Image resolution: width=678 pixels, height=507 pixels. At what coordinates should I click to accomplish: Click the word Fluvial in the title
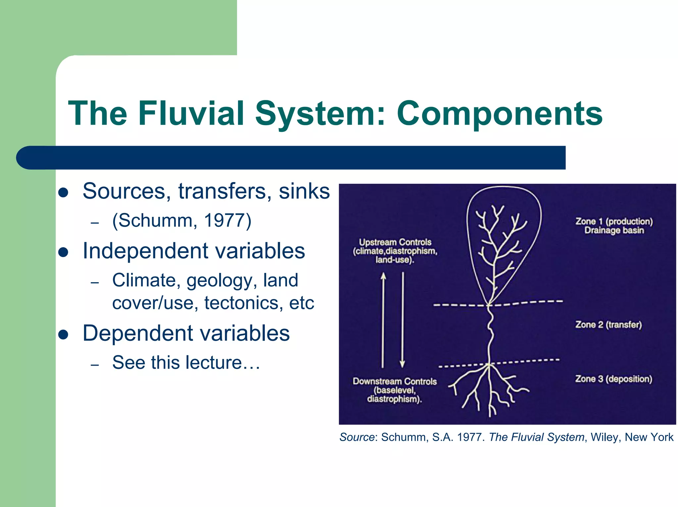point(191,113)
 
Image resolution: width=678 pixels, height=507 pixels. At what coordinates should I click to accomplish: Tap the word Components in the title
point(500,113)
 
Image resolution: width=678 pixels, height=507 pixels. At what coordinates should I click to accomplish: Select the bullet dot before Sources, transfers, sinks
point(63,192)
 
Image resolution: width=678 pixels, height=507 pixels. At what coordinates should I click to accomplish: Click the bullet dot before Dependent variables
point(63,334)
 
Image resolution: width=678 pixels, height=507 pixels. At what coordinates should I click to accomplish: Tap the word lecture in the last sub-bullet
point(214,362)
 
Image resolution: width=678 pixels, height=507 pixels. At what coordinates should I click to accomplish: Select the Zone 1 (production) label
point(614,221)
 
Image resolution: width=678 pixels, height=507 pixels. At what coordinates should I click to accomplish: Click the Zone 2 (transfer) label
point(608,325)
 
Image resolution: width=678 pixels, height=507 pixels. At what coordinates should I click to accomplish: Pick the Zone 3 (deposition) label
point(613,379)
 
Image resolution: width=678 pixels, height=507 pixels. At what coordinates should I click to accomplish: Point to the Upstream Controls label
point(395,242)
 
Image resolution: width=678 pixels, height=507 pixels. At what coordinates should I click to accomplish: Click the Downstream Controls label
point(395,381)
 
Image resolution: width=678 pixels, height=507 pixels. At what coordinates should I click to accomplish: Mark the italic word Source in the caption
point(357,437)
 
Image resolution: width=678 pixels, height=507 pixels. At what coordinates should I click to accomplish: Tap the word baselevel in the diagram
point(395,390)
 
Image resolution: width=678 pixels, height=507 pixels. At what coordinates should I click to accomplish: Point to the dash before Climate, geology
point(95,282)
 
